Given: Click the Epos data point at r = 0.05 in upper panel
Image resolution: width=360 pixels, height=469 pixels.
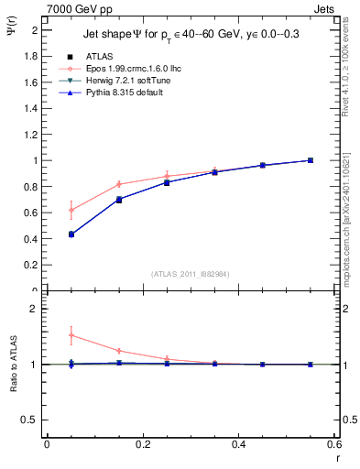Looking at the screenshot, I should click(71, 210).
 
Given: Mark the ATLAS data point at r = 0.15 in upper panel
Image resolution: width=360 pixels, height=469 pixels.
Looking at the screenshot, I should click(118, 200).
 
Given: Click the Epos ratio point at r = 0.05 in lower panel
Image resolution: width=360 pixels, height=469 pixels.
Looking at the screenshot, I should click(71, 335).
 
